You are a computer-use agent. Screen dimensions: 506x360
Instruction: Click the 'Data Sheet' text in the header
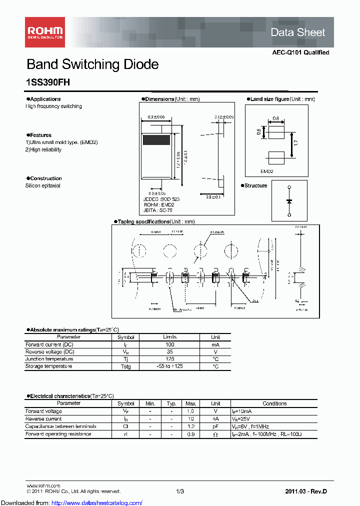(x=297, y=32)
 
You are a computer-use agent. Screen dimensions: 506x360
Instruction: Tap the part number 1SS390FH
(x=48, y=83)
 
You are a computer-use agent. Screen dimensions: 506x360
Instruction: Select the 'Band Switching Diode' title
(x=92, y=64)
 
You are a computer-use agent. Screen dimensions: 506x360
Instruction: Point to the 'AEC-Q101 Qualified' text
(x=300, y=52)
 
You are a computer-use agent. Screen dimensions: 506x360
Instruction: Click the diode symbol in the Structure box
(x=288, y=201)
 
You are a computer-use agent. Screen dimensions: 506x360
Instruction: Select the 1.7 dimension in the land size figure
(x=296, y=143)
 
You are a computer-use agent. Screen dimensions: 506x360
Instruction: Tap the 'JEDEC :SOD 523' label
(x=161, y=199)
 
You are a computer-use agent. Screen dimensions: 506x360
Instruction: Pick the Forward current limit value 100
(x=169, y=345)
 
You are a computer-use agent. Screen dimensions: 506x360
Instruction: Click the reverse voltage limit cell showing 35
(x=169, y=352)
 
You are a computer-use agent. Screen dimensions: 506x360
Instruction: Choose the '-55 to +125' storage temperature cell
(x=169, y=366)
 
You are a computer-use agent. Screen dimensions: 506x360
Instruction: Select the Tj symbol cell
(x=126, y=359)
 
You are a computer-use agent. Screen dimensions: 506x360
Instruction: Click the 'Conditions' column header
(x=274, y=403)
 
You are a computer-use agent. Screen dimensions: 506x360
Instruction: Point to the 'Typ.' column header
(x=171, y=403)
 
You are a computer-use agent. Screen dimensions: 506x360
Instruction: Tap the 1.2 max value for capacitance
(x=190, y=426)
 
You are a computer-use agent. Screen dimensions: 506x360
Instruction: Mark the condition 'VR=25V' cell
(x=240, y=419)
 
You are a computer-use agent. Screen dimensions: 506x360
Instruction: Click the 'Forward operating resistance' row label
(x=58, y=434)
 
